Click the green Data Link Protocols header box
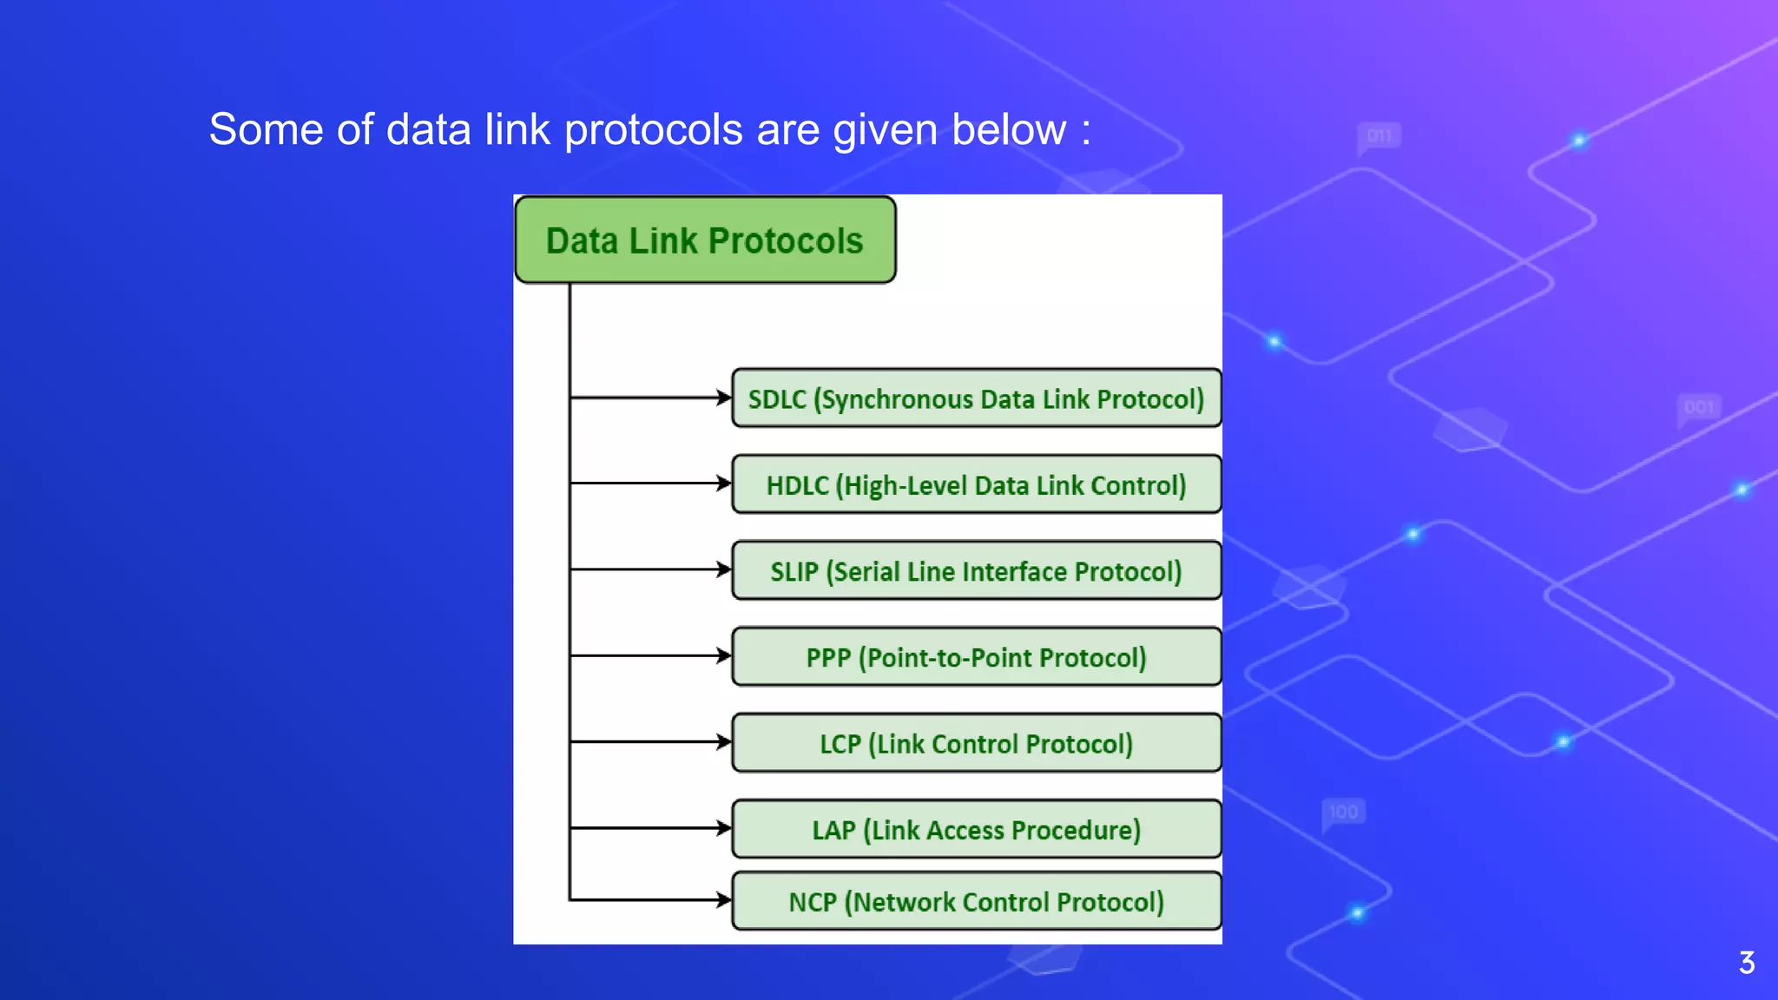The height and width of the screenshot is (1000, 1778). tap(705, 240)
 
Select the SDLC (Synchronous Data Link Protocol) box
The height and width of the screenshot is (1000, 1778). tap(976, 398)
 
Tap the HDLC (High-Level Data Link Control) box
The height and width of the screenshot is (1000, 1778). tap(976, 484)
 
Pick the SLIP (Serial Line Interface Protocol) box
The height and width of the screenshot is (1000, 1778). tap(976, 571)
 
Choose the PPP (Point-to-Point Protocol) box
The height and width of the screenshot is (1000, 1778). tap(976, 657)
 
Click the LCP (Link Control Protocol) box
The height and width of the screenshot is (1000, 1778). tap(976, 743)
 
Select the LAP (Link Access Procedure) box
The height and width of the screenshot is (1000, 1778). tap(976, 829)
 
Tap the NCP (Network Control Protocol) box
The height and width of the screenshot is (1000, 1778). tap(976, 901)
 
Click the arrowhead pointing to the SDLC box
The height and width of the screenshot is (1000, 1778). tap(723, 398)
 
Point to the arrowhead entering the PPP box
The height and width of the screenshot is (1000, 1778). tap(723, 655)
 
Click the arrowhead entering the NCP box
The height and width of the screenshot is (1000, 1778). tap(723, 900)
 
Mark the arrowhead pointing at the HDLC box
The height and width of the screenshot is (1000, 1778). tap(723, 483)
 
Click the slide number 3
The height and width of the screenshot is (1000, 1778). tap(1747, 963)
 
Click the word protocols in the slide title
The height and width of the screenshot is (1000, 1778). tap(653, 130)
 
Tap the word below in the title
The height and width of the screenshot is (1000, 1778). tap(1008, 130)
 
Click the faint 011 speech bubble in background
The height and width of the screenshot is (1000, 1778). tap(1379, 136)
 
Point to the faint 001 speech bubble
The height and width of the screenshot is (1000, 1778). tap(1699, 407)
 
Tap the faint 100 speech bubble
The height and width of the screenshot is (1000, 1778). tap(1343, 812)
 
